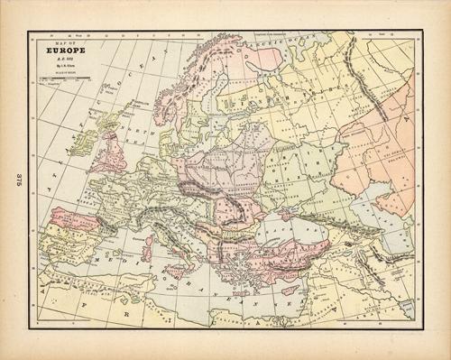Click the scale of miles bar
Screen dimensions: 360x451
point(61,82)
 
